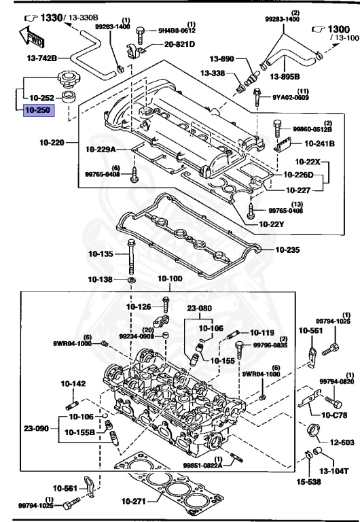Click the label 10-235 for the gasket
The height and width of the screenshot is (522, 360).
[289, 249]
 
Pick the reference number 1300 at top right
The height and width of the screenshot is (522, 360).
[332, 29]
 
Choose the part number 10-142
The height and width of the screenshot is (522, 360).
[73, 384]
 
